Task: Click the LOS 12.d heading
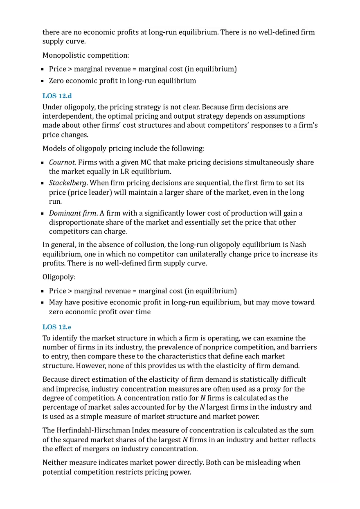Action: pos(57,96)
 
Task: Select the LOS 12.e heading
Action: pos(57,327)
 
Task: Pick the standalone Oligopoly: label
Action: pos(59,277)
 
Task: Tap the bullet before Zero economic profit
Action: pos(43,81)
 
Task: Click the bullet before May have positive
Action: pos(43,303)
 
